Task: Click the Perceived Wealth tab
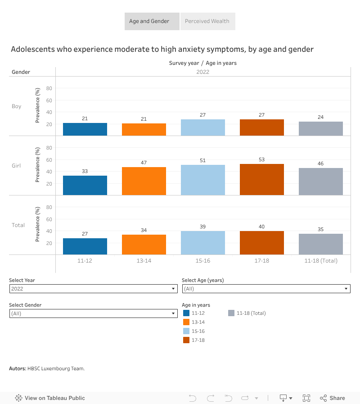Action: [207, 21]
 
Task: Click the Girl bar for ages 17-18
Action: [262, 179]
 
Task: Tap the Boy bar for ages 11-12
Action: [85, 129]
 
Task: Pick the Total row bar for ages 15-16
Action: [203, 243]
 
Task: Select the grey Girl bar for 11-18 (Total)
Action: [321, 182]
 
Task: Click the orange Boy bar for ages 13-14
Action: [144, 130]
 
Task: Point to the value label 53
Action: [262, 159]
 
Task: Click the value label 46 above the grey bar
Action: [321, 163]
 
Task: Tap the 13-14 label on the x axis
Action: [144, 261]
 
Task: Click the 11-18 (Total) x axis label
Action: [321, 261]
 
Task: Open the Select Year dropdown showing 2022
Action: [93, 289]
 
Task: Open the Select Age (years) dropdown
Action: [266, 289]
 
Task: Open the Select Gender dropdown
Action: [93, 313]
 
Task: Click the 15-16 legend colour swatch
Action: [186, 331]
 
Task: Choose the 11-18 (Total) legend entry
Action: [251, 313]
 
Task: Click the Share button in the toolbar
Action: [333, 398]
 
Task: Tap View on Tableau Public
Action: [50, 398]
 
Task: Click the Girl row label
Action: [16, 166]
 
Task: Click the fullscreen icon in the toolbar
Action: [306, 398]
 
